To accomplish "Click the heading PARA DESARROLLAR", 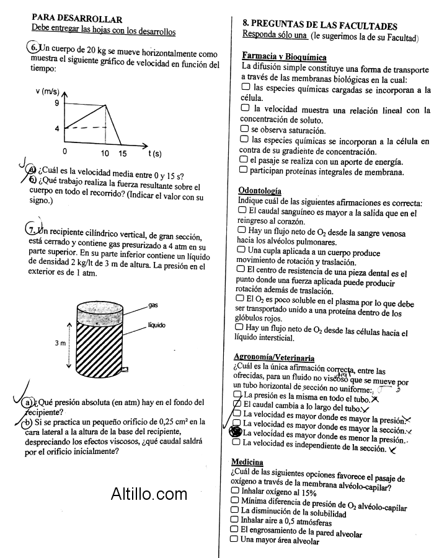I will pyautogui.click(x=77, y=19).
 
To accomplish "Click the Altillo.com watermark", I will pyautogui.click(x=149, y=494).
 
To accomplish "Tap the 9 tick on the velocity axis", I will pyautogui.click(x=56, y=103).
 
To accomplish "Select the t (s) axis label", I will pyautogui.click(x=154, y=153).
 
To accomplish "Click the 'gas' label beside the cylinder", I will pyautogui.click(x=153, y=305).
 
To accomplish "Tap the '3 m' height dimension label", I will pyautogui.click(x=60, y=342).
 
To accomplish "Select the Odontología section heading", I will pyautogui.click(x=259, y=191).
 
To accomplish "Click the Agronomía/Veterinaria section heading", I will pyautogui.click(x=273, y=357).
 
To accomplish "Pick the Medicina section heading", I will pyautogui.click(x=247, y=462).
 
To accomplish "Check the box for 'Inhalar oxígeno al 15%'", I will pyautogui.click(x=234, y=490).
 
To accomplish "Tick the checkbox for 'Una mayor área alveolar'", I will pyautogui.click(x=234, y=539).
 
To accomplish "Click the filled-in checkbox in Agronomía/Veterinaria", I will pyautogui.click(x=236, y=432).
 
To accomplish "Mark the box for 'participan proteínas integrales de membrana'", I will pyautogui.click(x=244, y=170).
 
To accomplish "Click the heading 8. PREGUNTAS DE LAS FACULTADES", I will pyautogui.click(x=319, y=25).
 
